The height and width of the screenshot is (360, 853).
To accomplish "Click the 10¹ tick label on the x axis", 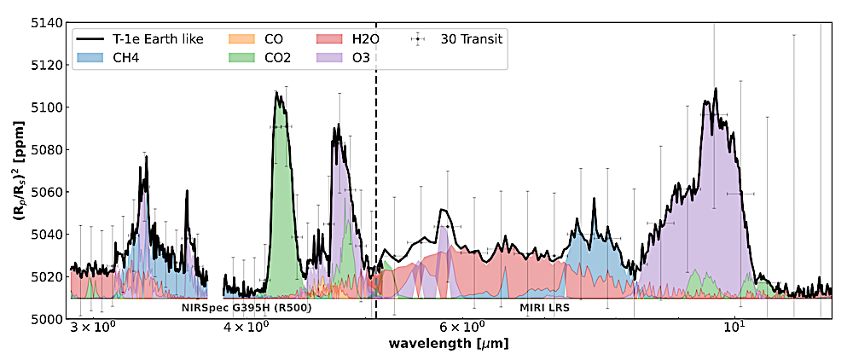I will pos(734,327).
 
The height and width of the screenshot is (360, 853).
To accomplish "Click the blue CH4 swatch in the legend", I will pos(92,59).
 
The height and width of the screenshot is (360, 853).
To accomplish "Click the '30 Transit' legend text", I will pos(472,39).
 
